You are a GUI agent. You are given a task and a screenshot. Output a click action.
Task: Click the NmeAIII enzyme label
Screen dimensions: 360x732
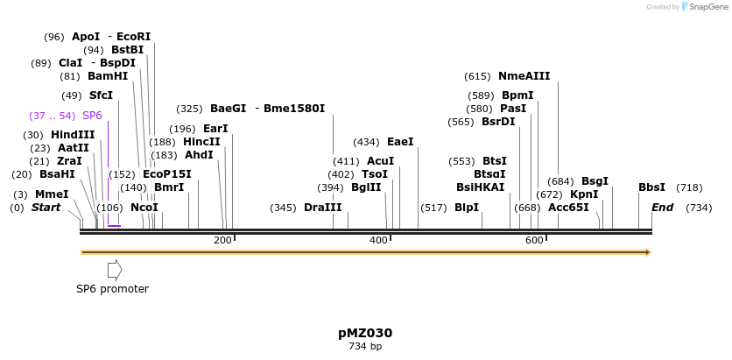524,76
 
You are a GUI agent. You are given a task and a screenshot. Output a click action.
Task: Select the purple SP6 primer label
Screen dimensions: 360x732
92,116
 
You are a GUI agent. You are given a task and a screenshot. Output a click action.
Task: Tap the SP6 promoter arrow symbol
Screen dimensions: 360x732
115,270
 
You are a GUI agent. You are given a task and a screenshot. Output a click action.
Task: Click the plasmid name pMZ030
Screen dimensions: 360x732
365,333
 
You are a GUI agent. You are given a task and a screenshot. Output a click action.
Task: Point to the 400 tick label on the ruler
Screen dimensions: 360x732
378,240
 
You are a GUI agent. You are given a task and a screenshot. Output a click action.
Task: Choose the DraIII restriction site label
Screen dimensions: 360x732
323,208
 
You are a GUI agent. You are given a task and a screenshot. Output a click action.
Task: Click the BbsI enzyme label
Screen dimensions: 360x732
651,187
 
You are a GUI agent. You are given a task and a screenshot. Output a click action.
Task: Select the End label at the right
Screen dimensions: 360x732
662,208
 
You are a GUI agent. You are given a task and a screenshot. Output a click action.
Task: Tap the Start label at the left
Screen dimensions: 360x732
46,208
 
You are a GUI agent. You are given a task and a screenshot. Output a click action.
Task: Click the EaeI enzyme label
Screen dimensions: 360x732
400,142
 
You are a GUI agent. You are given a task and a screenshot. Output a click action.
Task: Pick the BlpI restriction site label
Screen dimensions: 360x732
467,208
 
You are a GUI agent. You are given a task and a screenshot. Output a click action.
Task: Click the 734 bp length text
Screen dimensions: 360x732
365,347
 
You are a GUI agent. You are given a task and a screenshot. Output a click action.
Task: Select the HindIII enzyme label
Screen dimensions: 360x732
73,135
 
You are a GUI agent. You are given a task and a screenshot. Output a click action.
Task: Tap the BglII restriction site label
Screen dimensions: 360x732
366,187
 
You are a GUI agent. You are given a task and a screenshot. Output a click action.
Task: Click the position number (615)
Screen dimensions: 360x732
477,76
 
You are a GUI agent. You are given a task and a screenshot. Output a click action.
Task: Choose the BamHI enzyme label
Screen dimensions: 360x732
108,76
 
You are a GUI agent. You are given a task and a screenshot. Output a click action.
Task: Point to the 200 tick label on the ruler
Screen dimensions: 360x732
222,240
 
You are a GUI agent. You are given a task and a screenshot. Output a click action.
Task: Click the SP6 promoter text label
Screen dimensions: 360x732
112,289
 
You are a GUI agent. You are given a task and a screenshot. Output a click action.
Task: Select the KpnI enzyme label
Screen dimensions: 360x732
584,194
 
